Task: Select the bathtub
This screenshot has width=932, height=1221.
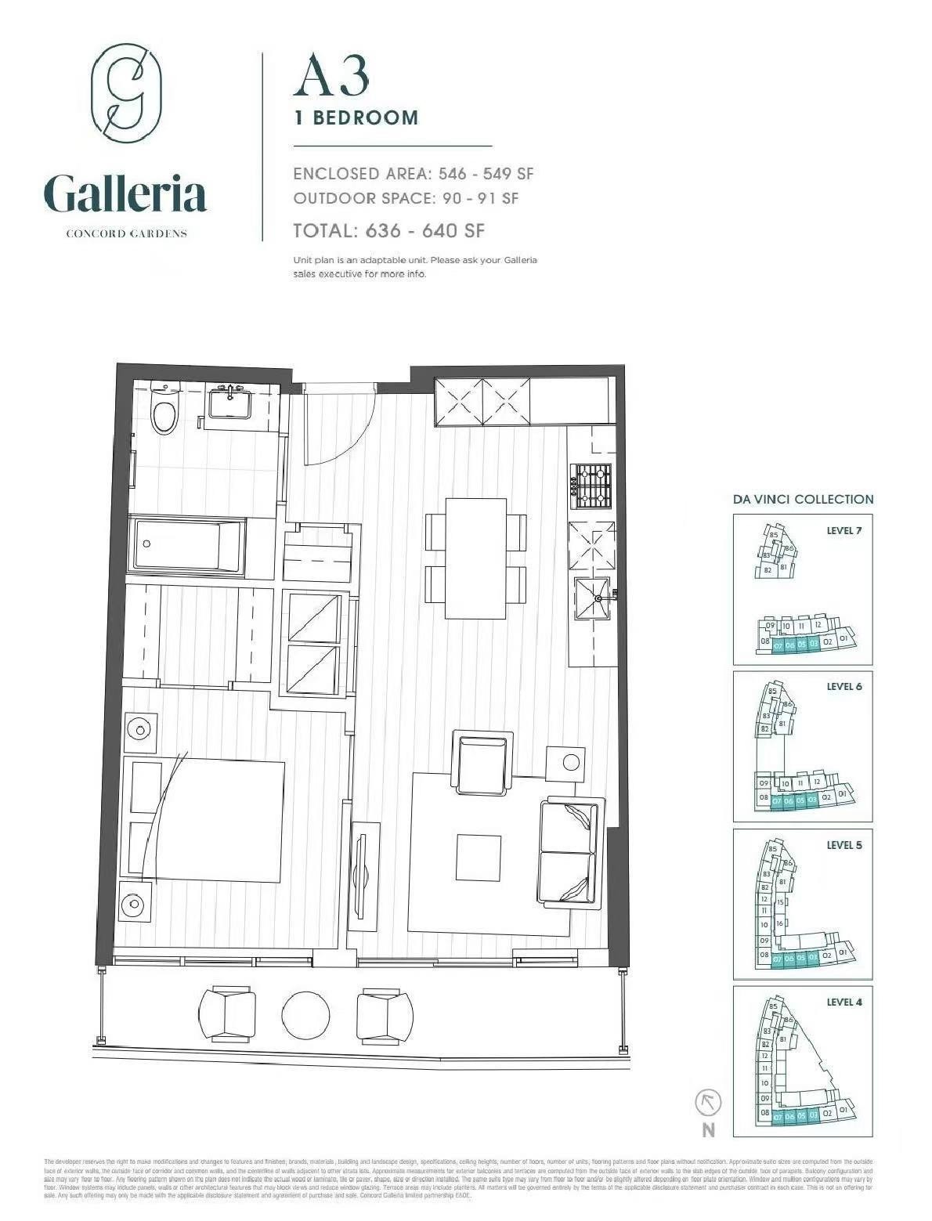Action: point(188,546)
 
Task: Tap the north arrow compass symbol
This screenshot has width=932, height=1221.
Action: point(708,1104)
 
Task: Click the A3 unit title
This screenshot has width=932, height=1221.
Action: point(331,77)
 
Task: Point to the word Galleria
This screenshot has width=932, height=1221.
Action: point(125,194)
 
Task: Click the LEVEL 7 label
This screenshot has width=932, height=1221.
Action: point(843,530)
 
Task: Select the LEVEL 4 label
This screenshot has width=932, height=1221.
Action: point(843,1002)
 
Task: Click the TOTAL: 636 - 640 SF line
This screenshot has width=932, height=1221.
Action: point(388,230)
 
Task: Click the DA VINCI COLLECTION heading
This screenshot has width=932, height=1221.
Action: point(803,499)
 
